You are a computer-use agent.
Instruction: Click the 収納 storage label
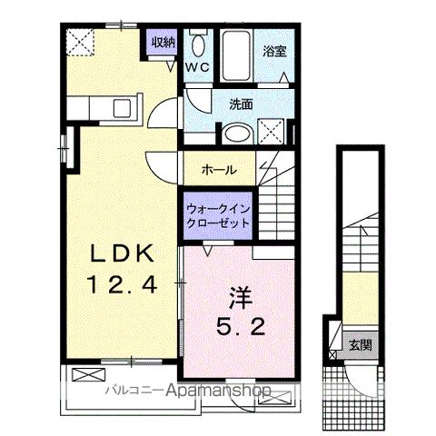point(163,42)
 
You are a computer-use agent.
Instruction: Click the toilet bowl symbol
point(199,45)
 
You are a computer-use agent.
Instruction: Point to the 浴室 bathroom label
point(275,51)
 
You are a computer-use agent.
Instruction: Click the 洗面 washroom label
point(241,104)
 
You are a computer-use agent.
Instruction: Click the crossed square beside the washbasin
point(270,131)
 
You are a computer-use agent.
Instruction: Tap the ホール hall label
point(219,170)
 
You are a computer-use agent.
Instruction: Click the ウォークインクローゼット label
point(219,215)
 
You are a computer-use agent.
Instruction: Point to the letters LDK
point(114,253)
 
